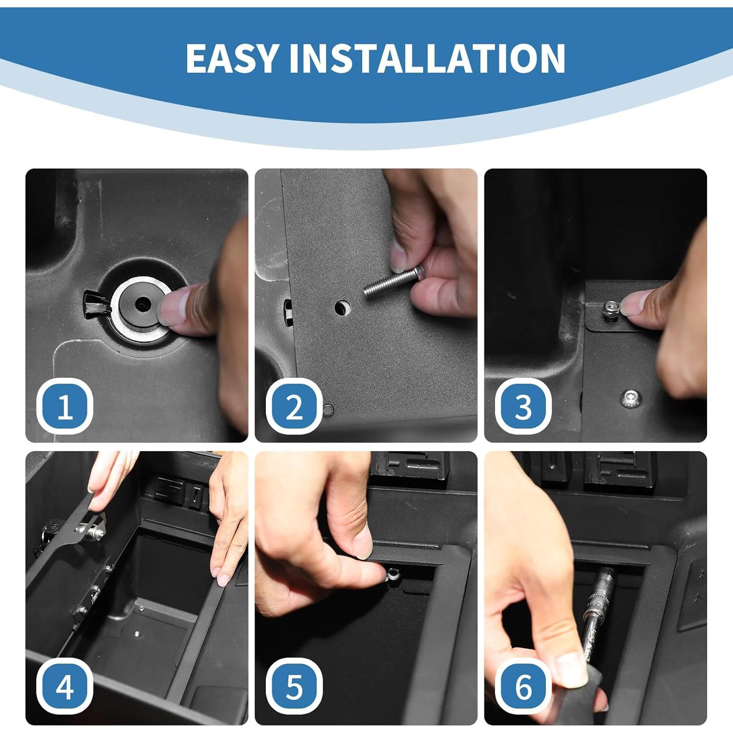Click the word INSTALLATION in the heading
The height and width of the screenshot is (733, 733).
427,59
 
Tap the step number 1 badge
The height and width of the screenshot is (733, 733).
65,407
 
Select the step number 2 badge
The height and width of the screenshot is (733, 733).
294,407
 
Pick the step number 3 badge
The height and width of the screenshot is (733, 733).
523,407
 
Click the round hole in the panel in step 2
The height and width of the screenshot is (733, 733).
343,307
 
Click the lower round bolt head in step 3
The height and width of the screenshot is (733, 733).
631,398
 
